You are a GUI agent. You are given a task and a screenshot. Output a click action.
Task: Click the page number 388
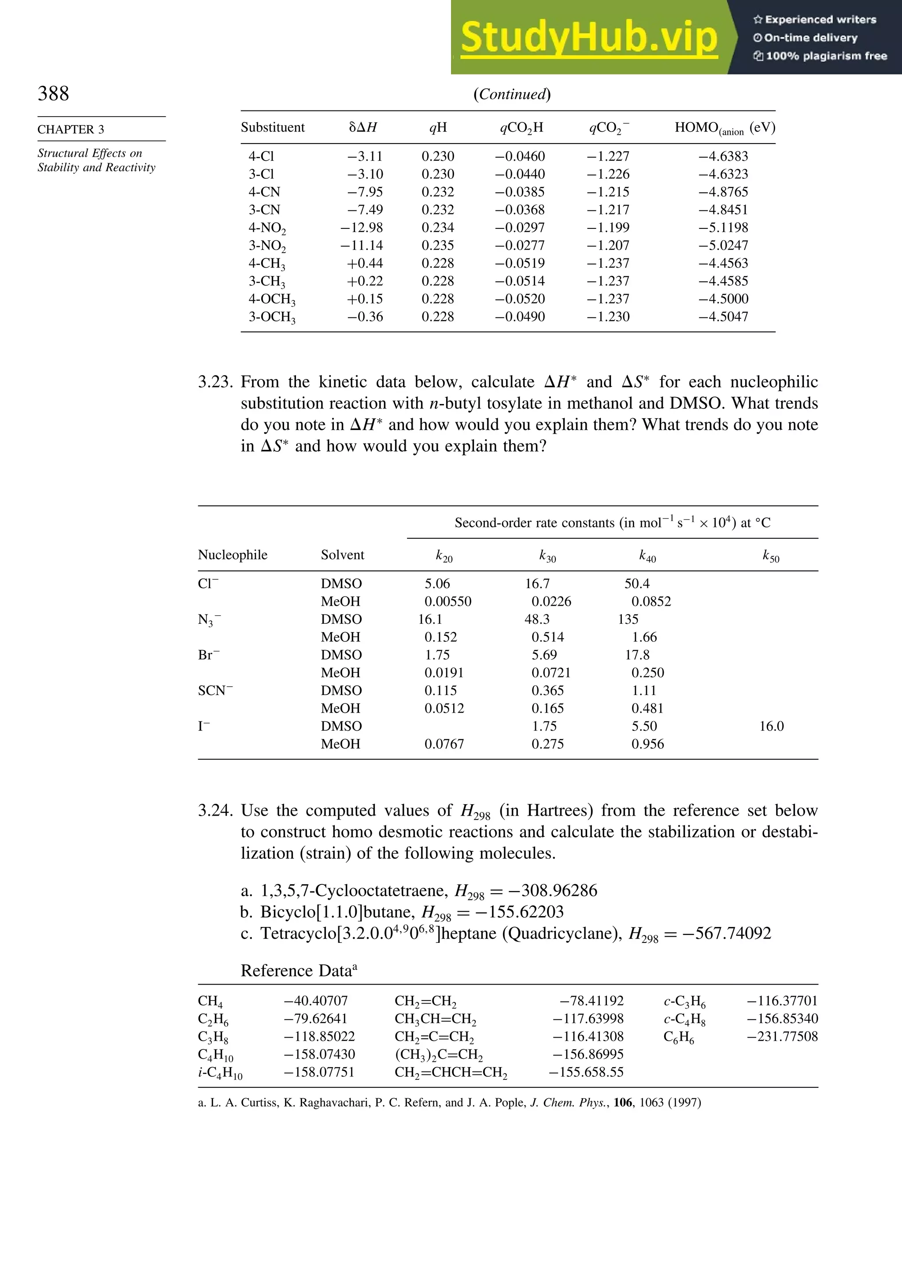pos(53,93)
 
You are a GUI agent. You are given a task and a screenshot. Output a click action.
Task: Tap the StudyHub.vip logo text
pos(589,37)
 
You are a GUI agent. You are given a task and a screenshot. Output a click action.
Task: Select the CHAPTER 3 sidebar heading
pos(71,129)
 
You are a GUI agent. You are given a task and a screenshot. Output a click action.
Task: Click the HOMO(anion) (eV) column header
pos(725,128)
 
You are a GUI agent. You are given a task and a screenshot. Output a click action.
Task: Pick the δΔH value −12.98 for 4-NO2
pos(362,228)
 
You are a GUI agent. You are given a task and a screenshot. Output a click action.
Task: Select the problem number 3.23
pos(215,382)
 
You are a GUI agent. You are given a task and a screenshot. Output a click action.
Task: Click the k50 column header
pos(771,556)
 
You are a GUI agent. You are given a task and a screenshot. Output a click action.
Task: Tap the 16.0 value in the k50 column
pos(771,726)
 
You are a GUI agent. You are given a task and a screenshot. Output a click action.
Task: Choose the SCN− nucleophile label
pos(215,691)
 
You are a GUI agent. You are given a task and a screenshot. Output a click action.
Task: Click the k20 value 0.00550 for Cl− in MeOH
pos(447,601)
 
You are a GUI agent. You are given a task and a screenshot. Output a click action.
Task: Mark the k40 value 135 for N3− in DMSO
pos(628,619)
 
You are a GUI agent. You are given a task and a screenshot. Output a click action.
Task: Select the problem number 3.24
pos(215,810)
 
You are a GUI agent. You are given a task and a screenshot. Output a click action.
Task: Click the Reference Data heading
pos(299,971)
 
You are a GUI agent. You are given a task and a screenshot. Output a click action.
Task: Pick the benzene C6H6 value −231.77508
pos(782,1037)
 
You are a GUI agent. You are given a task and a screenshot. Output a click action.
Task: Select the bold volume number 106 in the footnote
pos(622,1102)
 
